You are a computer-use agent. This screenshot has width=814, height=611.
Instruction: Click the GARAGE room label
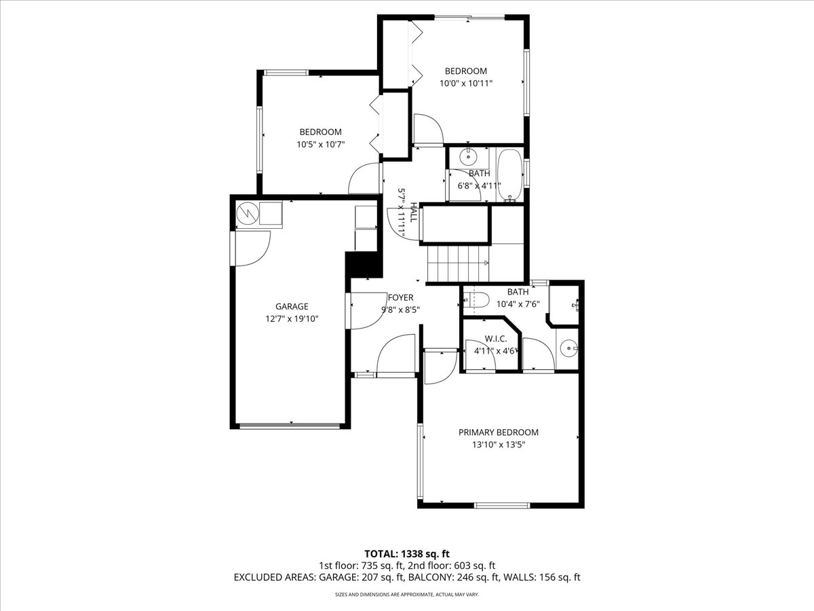pos(292,306)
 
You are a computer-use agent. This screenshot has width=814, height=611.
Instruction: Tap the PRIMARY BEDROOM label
pos(499,432)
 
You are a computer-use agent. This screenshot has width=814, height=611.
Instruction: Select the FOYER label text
pos(400,297)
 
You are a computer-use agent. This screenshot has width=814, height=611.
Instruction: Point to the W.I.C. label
pos(496,339)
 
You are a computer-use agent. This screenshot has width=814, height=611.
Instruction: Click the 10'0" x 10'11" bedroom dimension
pos(466,83)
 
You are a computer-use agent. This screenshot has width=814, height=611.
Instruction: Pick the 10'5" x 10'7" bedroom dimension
pos(321,145)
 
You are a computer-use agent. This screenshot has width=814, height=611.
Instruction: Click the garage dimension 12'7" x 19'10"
pos(292,318)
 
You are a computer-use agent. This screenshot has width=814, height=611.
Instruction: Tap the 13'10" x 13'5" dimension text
pos(499,445)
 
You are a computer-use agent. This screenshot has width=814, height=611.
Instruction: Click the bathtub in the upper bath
pos(509,175)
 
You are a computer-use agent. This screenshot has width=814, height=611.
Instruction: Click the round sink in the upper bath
pos(467,158)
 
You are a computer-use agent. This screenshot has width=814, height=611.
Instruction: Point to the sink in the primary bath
pos(568,349)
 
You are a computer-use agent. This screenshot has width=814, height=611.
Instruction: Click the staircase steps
pos(458,263)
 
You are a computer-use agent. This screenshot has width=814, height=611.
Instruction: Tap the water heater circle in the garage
pos(248,213)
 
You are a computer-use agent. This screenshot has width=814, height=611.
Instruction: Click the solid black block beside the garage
pos(364,265)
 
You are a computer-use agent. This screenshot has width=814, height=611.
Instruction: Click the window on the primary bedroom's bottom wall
pos(503,505)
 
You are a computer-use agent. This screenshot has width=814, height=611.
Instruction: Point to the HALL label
pos(414,212)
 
